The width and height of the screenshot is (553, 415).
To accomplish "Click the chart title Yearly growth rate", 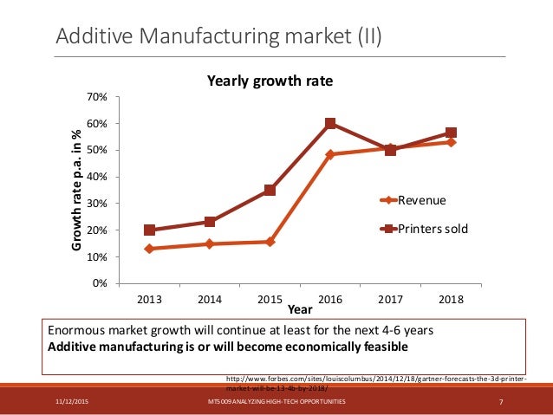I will click(270, 81).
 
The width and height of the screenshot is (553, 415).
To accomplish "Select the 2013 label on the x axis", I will click(149, 299).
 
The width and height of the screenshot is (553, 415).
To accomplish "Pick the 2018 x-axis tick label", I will click(451, 299).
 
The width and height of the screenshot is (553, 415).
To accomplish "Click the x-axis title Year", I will click(300, 308).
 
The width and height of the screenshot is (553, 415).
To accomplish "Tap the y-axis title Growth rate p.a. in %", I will click(76, 191).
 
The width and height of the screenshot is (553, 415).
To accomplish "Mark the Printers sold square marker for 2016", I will click(330, 124).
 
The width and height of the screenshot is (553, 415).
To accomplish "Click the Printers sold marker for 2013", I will click(150, 230).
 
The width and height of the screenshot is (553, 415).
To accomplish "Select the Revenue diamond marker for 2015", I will click(270, 242).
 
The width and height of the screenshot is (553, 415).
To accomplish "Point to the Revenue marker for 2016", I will click(330, 154).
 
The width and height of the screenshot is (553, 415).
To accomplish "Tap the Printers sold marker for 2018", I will click(451, 133).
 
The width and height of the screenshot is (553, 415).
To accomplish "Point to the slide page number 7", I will click(502, 403).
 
